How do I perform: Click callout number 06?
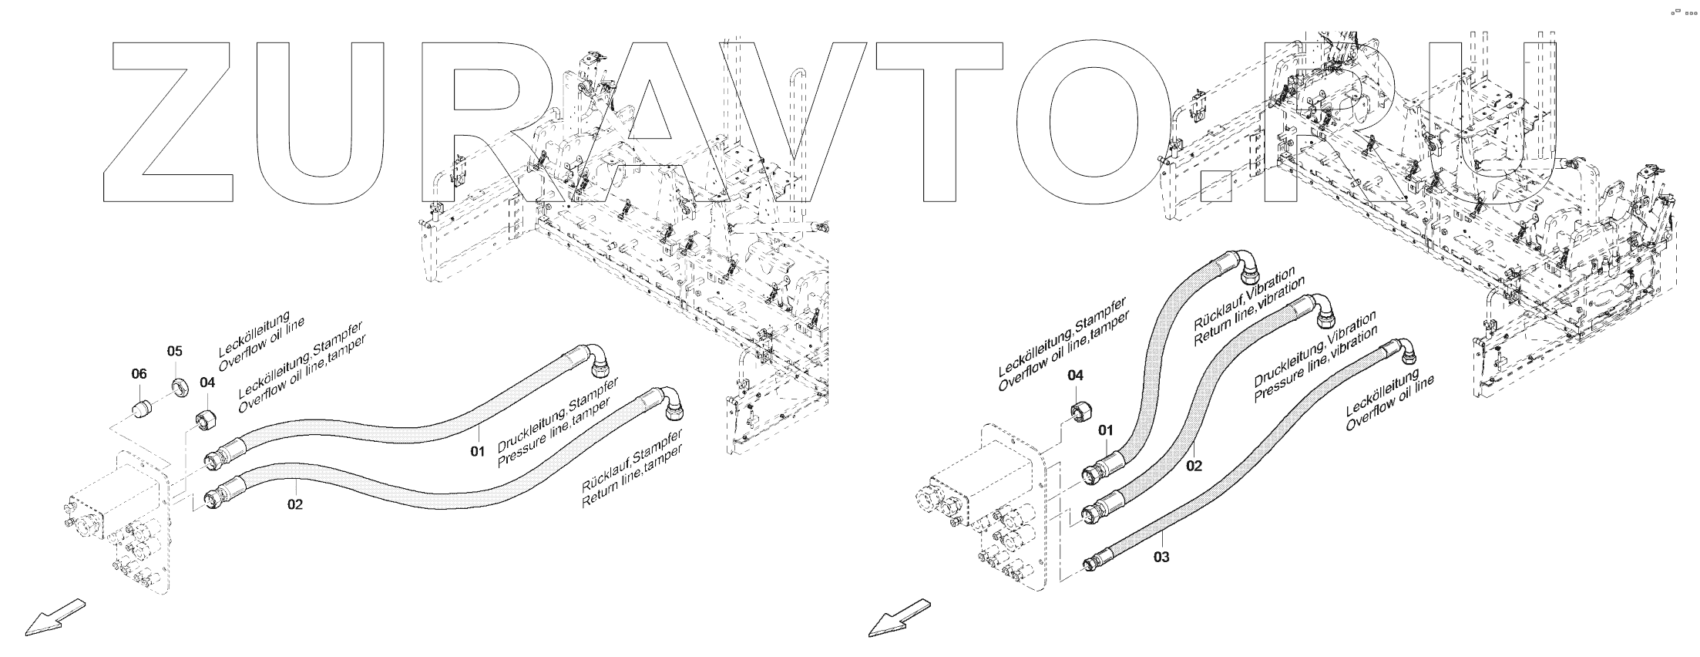[139, 374]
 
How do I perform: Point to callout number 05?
[175, 351]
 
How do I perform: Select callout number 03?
[1161, 556]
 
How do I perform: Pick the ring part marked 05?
[180, 386]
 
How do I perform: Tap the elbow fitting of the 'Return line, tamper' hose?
[672, 403]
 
